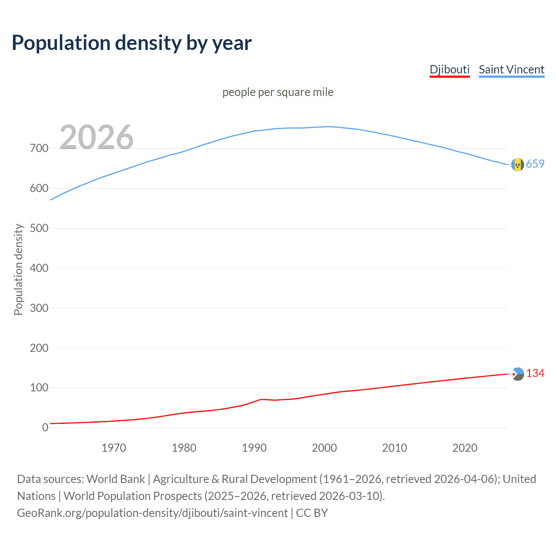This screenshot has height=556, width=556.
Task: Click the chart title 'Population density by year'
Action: (x=132, y=43)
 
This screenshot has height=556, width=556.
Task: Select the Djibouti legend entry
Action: (x=450, y=69)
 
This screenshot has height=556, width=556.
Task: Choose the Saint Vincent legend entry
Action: (x=511, y=69)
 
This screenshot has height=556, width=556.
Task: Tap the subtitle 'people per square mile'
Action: (x=278, y=92)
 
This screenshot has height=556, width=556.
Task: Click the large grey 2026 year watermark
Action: (x=96, y=137)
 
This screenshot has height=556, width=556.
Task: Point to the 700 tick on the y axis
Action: (x=39, y=149)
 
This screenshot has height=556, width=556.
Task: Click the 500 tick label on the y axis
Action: (x=39, y=228)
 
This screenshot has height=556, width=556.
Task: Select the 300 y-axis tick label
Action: (x=39, y=308)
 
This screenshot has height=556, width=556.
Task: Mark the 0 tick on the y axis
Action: (x=45, y=427)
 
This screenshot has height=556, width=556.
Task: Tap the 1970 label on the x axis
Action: (x=114, y=448)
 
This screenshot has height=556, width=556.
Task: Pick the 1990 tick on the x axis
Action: (x=254, y=448)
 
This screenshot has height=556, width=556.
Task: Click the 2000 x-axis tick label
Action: (x=324, y=448)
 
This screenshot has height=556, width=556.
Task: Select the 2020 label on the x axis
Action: (x=465, y=448)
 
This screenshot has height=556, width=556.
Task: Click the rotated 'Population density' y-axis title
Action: (x=18, y=269)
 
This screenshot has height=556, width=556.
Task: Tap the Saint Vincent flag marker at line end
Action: (x=517, y=165)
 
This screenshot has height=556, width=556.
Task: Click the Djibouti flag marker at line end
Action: (x=517, y=374)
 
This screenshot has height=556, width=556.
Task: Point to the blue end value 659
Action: (x=535, y=164)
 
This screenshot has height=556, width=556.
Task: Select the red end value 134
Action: (x=535, y=374)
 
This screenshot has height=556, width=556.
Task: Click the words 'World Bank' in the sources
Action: (x=116, y=479)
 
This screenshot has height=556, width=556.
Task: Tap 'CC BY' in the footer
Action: (x=312, y=513)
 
